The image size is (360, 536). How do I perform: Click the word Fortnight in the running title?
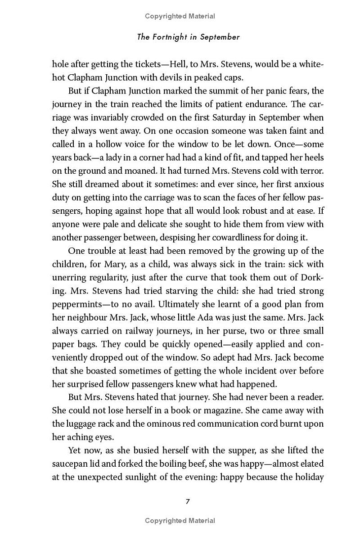tap(169, 37)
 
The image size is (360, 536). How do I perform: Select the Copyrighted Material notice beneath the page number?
tap(180, 521)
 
